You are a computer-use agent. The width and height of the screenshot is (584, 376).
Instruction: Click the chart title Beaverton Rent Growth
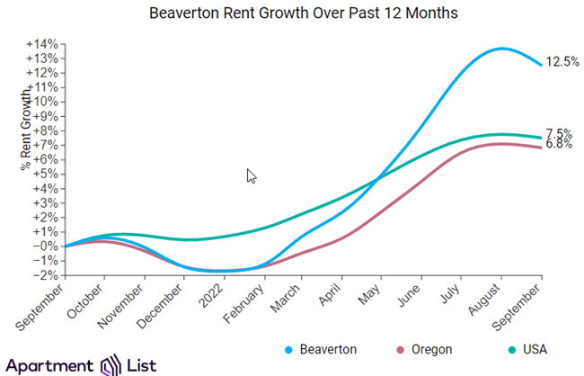tap(292, 14)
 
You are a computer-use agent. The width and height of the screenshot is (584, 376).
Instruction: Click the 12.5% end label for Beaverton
tap(562, 62)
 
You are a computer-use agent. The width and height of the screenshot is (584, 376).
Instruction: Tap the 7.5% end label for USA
tap(559, 133)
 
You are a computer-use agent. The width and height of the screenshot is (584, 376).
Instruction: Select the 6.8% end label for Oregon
tap(559, 144)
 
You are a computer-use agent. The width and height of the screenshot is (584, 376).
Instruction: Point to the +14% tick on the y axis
tap(43, 44)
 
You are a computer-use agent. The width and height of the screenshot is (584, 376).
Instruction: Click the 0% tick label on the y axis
tap(47, 246)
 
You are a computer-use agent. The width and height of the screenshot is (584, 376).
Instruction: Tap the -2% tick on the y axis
tap(45, 274)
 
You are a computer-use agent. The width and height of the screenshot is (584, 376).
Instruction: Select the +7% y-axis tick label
tap(45, 145)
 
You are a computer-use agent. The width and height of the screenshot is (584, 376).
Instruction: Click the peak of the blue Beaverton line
tap(501, 49)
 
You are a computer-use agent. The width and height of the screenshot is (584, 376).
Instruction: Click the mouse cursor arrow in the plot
tap(251, 175)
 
